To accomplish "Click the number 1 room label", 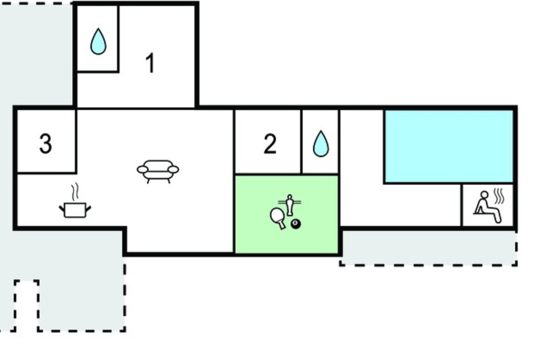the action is pos(150,63).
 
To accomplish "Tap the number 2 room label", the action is pos(270,144).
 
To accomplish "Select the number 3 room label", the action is pos(45,144).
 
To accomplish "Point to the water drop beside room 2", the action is pos(320,144).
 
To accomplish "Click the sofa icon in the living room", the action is pos(158,171).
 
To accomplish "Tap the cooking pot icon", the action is pos(75,210).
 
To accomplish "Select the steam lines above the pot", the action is pos(75,192).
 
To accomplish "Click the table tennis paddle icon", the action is pos(278,218).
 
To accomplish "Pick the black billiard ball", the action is pos(296,224).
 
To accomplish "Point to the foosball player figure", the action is pos(289,205).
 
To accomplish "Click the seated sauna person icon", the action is pos(487,207).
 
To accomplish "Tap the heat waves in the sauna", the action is pos(499,196).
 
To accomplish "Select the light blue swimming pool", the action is pos(449,146).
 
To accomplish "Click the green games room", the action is pos(286,214).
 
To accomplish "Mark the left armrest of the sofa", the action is pos(143,170).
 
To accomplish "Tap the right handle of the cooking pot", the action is pos(88,209).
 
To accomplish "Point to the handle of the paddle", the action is pos(282,225).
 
